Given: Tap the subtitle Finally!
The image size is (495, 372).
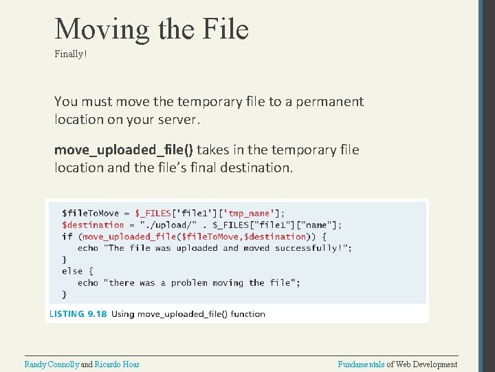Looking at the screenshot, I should (71, 53).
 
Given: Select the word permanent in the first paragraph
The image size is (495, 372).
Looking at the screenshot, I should (329, 102).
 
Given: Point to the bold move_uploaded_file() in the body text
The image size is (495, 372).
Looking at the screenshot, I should (124, 150).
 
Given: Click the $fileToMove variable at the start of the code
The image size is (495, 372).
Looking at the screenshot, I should (90, 213).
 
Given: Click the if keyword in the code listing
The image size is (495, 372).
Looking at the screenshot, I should (67, 236).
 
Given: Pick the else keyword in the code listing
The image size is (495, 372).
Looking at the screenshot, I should (72, 271).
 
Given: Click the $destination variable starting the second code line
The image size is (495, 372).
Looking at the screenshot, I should (93, 225).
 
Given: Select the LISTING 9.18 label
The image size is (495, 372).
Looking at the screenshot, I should (77, 313).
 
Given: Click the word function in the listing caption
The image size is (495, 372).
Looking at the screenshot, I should (247, 313).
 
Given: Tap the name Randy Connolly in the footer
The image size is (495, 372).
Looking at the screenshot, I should (52, 364).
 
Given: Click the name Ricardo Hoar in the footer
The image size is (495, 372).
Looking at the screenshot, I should (117, 364).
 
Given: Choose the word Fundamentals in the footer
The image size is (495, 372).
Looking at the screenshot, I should (361, 364).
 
